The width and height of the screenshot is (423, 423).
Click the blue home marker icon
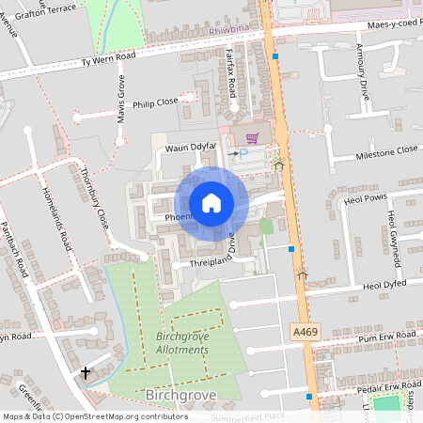click(x=211, y=203)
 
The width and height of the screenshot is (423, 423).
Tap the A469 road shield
click(x=304, y=333)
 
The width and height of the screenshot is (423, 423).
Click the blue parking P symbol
click(x=244, y=152)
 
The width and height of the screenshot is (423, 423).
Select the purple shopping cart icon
click(x=251, y=137)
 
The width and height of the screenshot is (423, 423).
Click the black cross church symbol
click(x=86, y=373)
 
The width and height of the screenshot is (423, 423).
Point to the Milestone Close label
click(x=386, y=150)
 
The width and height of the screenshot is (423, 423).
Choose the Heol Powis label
click(x=366, y=198)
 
